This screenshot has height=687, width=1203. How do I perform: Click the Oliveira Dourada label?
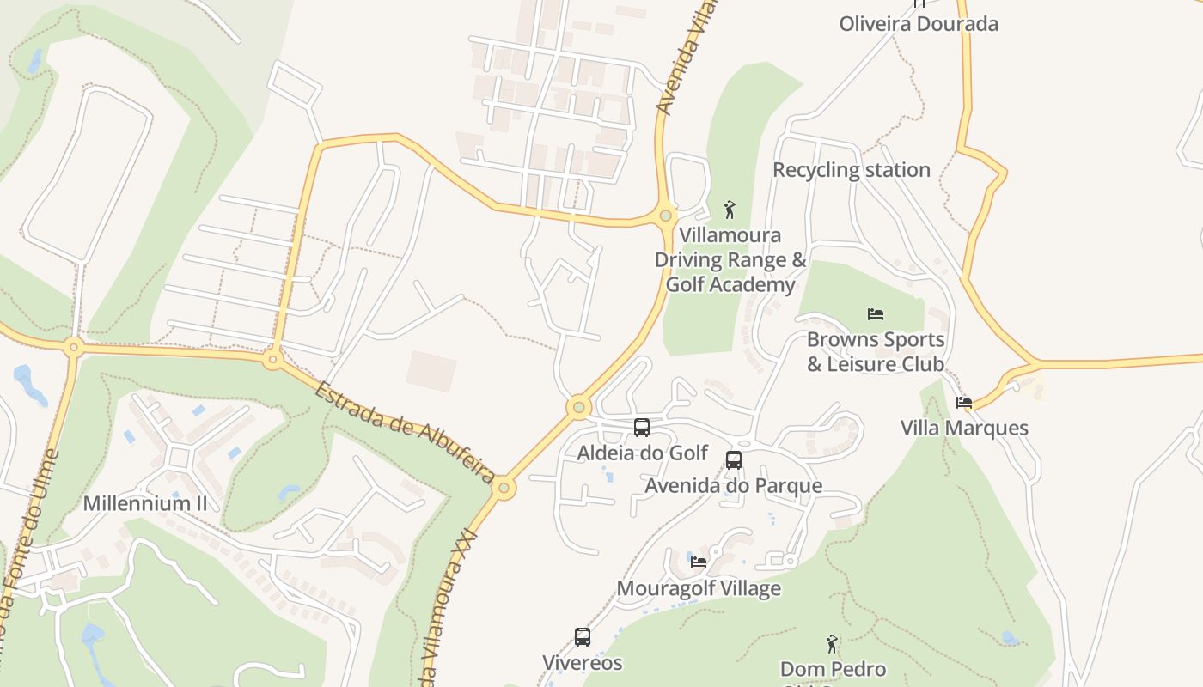pos(919,24)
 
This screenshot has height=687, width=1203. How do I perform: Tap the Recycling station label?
pos(851,170)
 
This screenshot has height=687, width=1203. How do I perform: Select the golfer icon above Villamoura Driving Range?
pos(730,209)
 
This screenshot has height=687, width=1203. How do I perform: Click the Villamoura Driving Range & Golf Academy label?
pos(730,259)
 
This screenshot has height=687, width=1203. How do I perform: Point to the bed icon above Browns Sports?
pos(876,314)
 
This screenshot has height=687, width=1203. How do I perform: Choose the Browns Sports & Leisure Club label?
pos(875,352)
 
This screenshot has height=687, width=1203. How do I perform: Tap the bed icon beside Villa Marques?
pos(964,402)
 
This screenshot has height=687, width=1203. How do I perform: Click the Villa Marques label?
pos(964,428)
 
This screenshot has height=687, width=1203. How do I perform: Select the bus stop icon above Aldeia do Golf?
pos(641,428)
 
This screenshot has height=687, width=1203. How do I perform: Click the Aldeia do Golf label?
pos(642,453)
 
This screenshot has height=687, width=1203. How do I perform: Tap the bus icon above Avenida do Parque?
pos(733,460)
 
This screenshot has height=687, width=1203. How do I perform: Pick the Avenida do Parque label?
pos(733,486)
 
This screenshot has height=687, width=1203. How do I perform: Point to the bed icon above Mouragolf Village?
pos(699,562)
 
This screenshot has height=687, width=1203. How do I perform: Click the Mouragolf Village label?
pos(699,588)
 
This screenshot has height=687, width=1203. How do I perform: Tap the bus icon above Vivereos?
pos(583,637)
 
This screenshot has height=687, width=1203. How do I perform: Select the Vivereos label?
pos(583,663)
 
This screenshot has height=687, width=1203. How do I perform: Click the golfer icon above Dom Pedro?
pos(832,643)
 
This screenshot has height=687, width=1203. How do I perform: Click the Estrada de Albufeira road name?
pos(404,432)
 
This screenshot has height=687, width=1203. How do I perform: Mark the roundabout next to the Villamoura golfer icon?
pos(665,216)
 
